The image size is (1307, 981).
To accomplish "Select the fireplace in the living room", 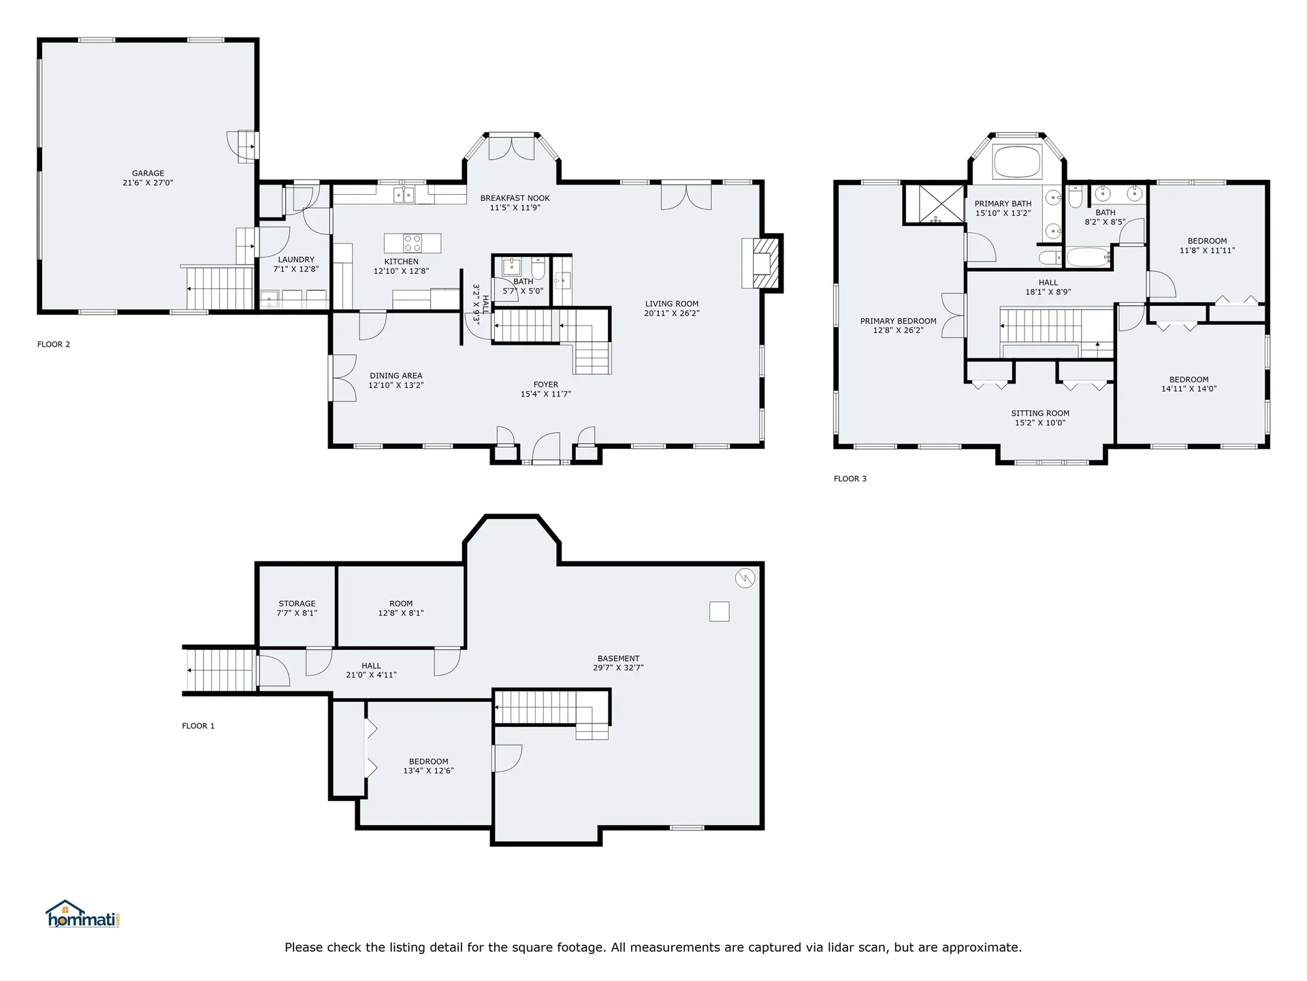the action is pyautogui.click(x=762, y=263).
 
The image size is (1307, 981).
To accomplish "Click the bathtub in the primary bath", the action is pyautogui.click(x=1018, y=162).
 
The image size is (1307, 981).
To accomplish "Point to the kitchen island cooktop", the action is pyautogui.click(x=413, y=243).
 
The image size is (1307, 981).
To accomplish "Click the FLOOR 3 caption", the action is pyautogui.click(x=850, y=479).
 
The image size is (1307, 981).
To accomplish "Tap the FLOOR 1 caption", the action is pyautogui.click(x=198, y=726).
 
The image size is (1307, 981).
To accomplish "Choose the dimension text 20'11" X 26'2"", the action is pyautogui.click(x=672, y=313).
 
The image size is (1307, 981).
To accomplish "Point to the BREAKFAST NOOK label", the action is pyautogui.click(x=515, y=198).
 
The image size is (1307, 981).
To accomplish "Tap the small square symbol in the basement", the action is pyautogui.click(x=719, y=611).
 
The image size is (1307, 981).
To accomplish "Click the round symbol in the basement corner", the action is pyautogui.click(x=745, y=578).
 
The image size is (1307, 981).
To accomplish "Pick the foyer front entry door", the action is pyautogui.click(x=546, y=450).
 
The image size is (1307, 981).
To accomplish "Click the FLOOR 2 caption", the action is pyautogui.click(x=54, y=345).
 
